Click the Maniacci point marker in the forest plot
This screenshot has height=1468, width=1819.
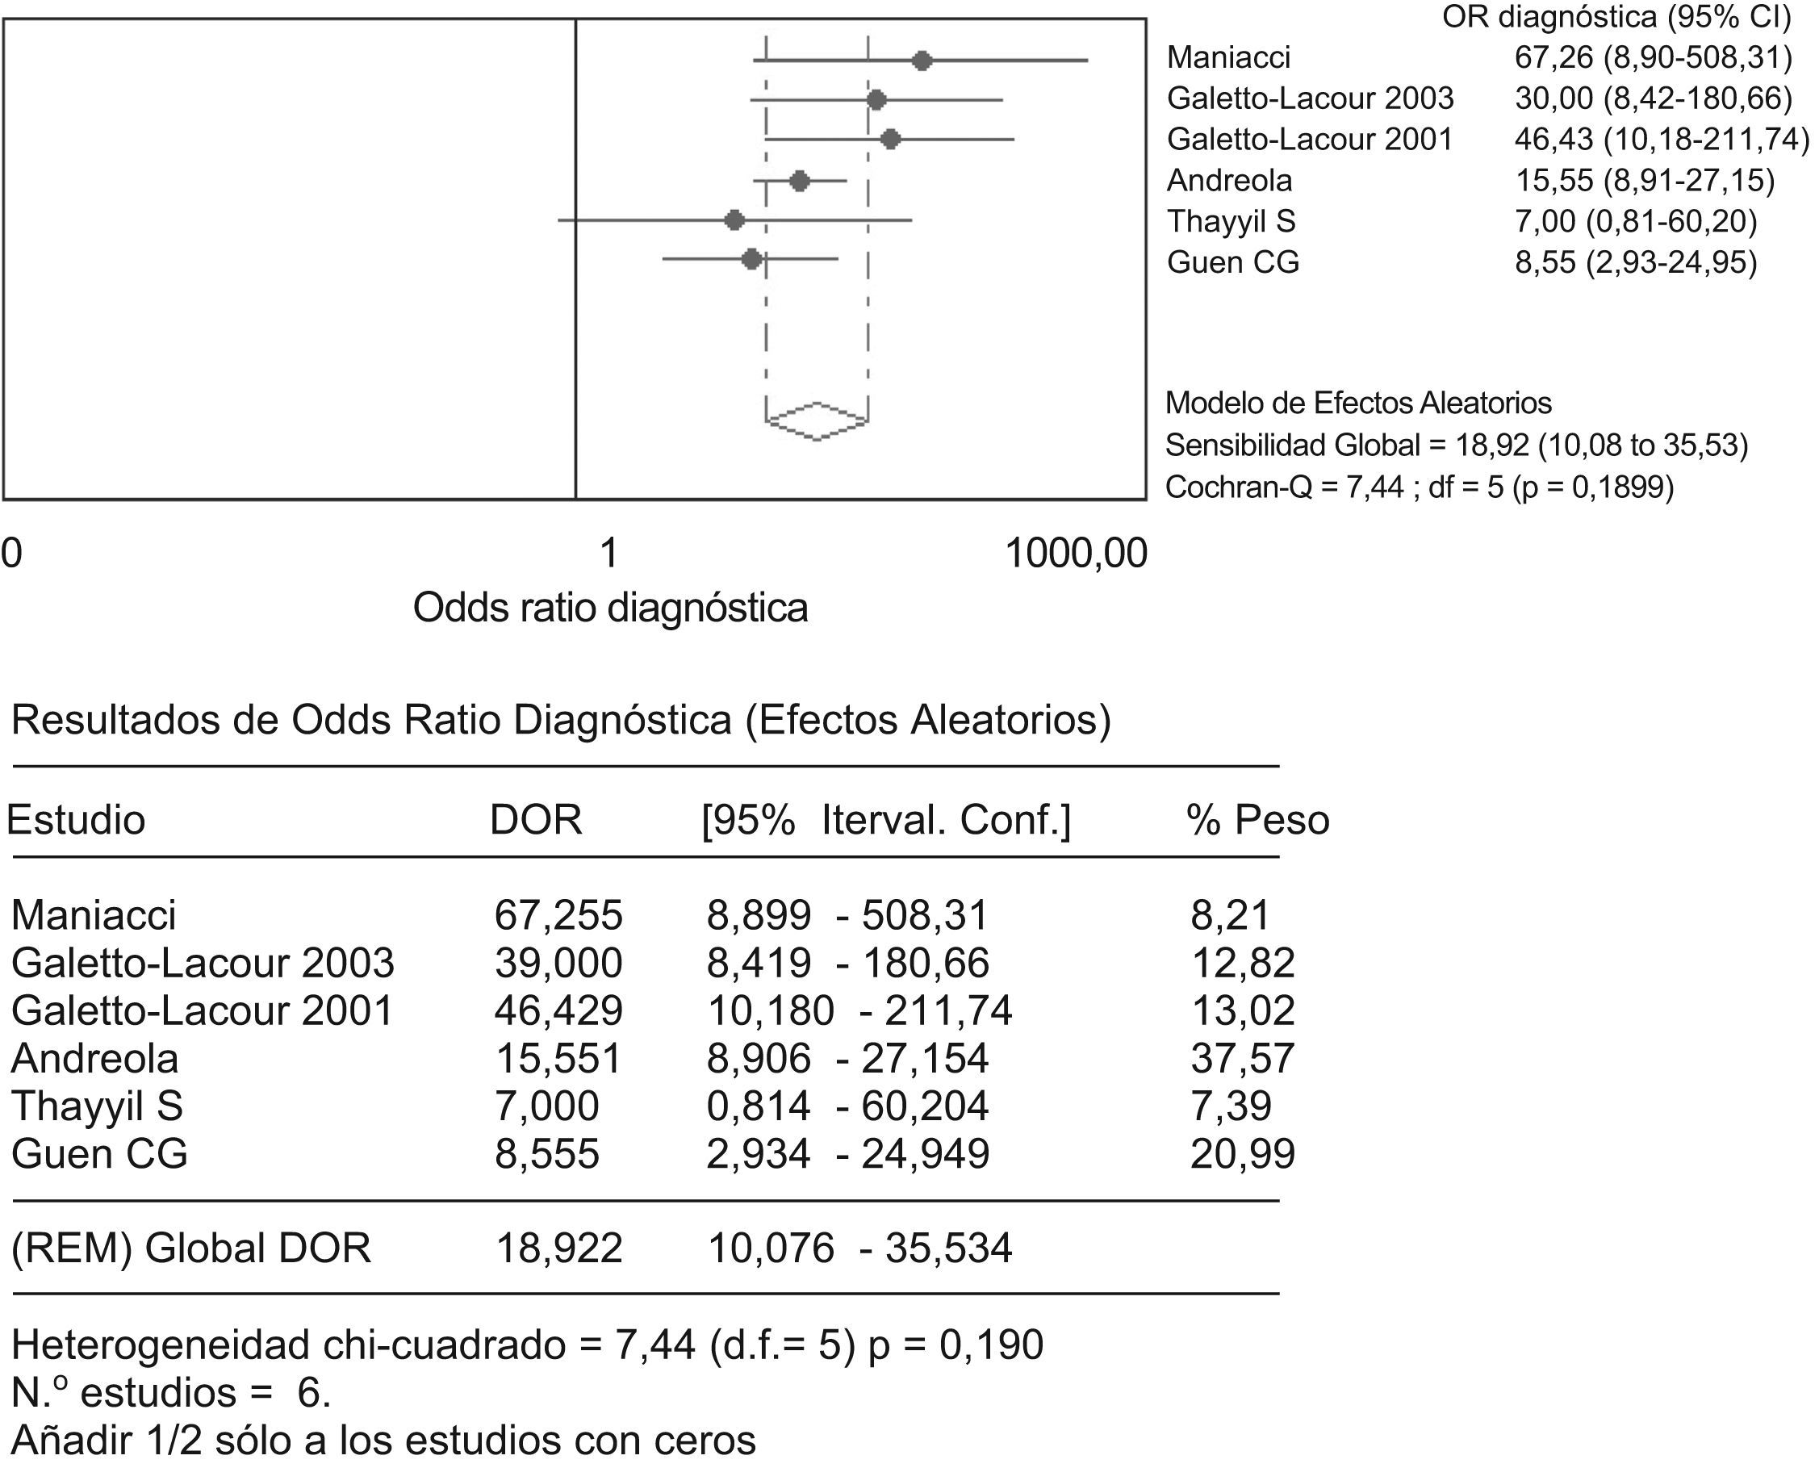[x=922, y=61]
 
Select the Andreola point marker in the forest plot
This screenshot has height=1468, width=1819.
[x=800, y=181]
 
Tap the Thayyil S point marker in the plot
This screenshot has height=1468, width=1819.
[x=734, y=220]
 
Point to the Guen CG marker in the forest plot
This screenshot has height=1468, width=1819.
[x=751, y=260]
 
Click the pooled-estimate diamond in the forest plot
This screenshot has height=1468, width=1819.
[x=817, y=420]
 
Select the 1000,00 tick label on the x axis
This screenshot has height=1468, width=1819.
[x=1076, y=554]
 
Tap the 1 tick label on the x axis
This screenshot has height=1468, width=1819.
[x=608, y=554]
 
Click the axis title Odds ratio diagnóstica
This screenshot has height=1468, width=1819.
[x=610, y=608]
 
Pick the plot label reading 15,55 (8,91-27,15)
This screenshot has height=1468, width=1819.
[x=1644, y=180]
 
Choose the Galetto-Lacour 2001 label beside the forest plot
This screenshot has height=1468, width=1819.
[x=1310, y=139]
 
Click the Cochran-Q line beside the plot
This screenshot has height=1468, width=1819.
[x=1419, y=487]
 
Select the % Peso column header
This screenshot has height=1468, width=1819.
[x=1257, y=820]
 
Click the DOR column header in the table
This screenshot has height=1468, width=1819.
[x=535, y=820]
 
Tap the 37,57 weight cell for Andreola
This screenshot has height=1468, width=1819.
[x=1242, y=1059]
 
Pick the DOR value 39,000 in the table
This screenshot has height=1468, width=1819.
[x=558, y=963]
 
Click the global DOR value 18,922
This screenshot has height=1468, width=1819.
[x=559, y=1248]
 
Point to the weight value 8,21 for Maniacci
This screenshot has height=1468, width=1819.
[x=1230, y=915]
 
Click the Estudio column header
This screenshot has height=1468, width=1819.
[x=76, y=820]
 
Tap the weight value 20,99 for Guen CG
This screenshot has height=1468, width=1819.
[x=1242, y=1154]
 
